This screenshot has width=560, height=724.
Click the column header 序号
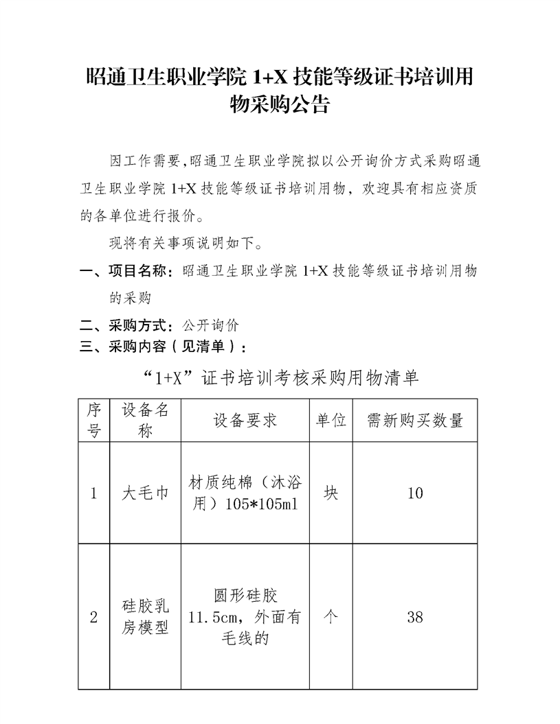(x=94, y=420)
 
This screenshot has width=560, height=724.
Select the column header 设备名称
(x=145, y=420)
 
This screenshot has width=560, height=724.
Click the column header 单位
(x=331, y=420)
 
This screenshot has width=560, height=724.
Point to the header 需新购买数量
(x=414, y=420)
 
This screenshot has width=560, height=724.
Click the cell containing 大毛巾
(x=145, y=493)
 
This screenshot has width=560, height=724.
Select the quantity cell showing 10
(x=414, y=493)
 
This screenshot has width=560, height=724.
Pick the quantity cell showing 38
(x=414, y=617)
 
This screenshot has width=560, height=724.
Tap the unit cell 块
(x=331, y=493)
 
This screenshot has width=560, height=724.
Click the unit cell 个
(x=331, y=617)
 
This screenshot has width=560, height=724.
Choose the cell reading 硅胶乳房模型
(x=145, y=617)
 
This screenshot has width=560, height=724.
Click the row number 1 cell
(x=94, y=493)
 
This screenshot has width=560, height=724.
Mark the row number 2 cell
(x=94, y=617)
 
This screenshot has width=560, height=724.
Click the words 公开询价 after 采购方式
(x=211, y=325)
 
